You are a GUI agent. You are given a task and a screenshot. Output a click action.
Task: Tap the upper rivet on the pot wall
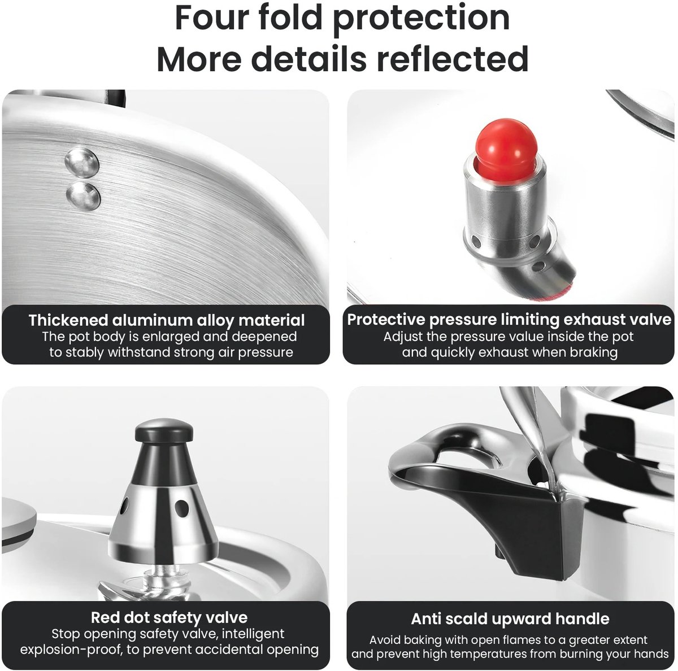click(x=81, y=162)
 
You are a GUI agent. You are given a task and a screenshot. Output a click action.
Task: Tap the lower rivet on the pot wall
click(x=84, y=196)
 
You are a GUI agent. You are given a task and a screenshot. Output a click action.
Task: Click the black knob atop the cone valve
click(x=164, y=431)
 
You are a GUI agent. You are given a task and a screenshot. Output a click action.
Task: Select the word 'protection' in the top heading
click(x=421, y=18)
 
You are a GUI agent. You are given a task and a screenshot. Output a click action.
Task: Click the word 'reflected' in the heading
click(x=453, y=58)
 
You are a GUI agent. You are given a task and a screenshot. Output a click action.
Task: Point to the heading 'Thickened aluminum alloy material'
click(x=167, y=320)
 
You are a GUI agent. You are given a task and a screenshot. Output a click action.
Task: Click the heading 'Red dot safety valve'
click(x=169, y=617)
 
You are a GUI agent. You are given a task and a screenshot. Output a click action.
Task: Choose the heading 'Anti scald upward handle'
click(x=510, y=618)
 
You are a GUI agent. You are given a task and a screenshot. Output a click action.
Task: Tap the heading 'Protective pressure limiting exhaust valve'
click(x=509, y=320)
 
